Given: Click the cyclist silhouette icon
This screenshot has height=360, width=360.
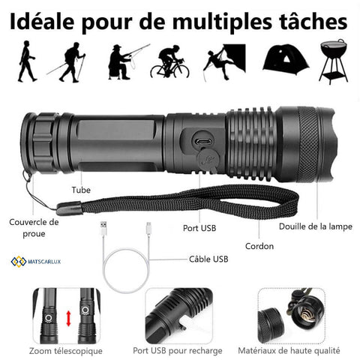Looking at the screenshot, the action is [169, 61].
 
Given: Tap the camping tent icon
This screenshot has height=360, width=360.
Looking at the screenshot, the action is [286, 60].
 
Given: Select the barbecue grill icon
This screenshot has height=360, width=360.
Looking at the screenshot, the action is [334, 61].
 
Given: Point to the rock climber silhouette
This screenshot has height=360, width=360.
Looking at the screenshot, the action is [224, 62].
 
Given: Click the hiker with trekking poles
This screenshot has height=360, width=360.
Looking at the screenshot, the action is [66, 62].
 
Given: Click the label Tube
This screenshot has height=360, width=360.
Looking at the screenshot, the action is [81, 190].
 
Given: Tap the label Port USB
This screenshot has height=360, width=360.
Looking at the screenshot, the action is [199, 228].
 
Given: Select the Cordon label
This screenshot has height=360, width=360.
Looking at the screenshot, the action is [259, 246].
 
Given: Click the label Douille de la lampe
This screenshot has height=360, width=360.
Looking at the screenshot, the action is [316, 226].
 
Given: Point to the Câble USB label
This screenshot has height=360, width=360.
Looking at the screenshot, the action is [208, 259].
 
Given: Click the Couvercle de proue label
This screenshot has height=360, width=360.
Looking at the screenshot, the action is [34, 228].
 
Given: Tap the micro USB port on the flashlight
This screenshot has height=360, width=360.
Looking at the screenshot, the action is [204, 142].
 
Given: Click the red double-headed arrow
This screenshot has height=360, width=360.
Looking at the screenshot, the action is [68, 318].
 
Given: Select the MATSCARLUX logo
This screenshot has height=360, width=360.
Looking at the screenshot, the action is [36, 262].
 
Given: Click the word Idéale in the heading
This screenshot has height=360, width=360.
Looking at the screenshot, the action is [42, 22].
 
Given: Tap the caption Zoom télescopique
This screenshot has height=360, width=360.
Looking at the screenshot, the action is [66, 351].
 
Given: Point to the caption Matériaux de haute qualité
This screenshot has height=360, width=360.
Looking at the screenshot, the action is [289, 350].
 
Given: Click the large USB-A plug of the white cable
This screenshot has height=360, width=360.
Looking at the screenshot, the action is [103, 228].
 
